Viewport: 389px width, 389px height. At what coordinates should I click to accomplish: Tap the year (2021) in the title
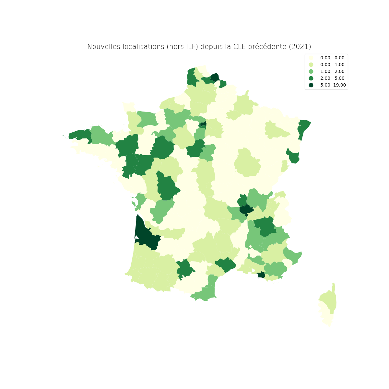tap(300, 47)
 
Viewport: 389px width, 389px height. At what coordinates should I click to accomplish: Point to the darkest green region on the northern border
tap(215, 78)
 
